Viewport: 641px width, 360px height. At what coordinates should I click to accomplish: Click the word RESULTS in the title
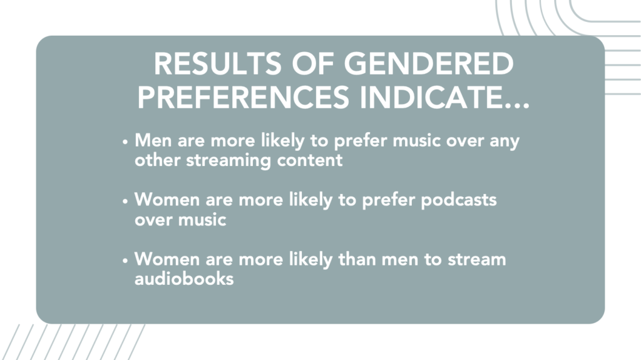[217, 64]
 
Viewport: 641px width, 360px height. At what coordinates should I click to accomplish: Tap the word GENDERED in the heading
[429, 64]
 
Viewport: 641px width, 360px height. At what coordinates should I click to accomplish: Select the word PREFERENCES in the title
[244, 98]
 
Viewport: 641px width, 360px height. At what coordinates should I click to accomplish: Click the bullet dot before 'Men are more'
[125, 142]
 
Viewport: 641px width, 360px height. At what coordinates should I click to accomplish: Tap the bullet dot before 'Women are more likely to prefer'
[125, 202]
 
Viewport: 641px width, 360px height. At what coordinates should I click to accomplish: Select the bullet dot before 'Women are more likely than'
[125, 261]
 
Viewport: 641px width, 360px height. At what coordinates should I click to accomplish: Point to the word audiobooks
[184, 279]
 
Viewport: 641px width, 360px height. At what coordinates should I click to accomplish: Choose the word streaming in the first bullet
[228, 161]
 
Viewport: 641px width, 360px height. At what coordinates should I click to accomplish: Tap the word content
[309, 160]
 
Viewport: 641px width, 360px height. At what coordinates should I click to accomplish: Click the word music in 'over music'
[202, 220]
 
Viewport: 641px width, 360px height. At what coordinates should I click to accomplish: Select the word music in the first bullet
[416, 141]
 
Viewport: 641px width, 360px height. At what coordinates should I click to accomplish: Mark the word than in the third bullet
[357, 259]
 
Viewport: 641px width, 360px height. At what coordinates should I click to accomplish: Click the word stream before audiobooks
[476, 259]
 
